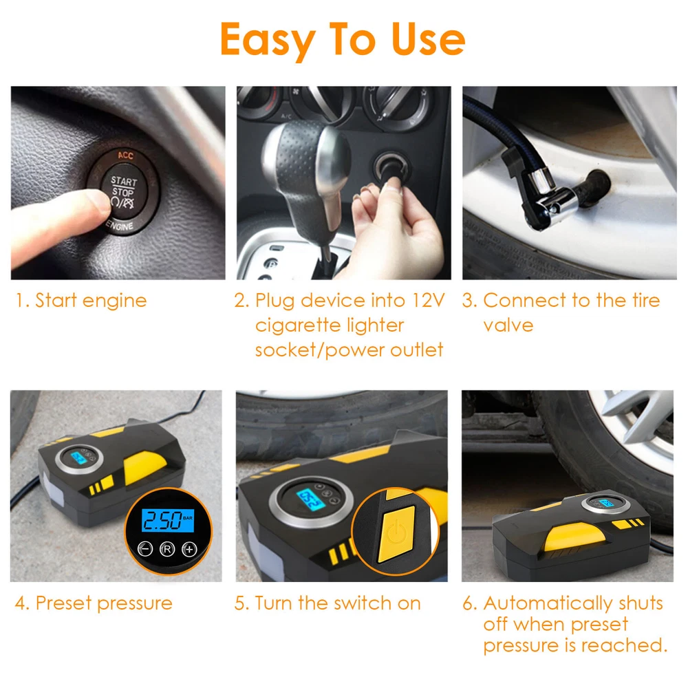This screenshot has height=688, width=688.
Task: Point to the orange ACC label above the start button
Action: [125, 155]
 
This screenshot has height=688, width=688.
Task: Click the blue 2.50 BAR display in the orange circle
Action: [168, 520]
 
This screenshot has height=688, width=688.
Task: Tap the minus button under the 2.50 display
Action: [145, 548]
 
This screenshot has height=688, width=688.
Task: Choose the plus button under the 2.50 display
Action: [190, 548]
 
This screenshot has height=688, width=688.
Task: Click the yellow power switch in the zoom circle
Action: [396, 534]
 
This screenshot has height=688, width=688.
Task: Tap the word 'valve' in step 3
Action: [508, 325]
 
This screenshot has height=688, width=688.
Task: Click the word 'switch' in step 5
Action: [363, 603]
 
